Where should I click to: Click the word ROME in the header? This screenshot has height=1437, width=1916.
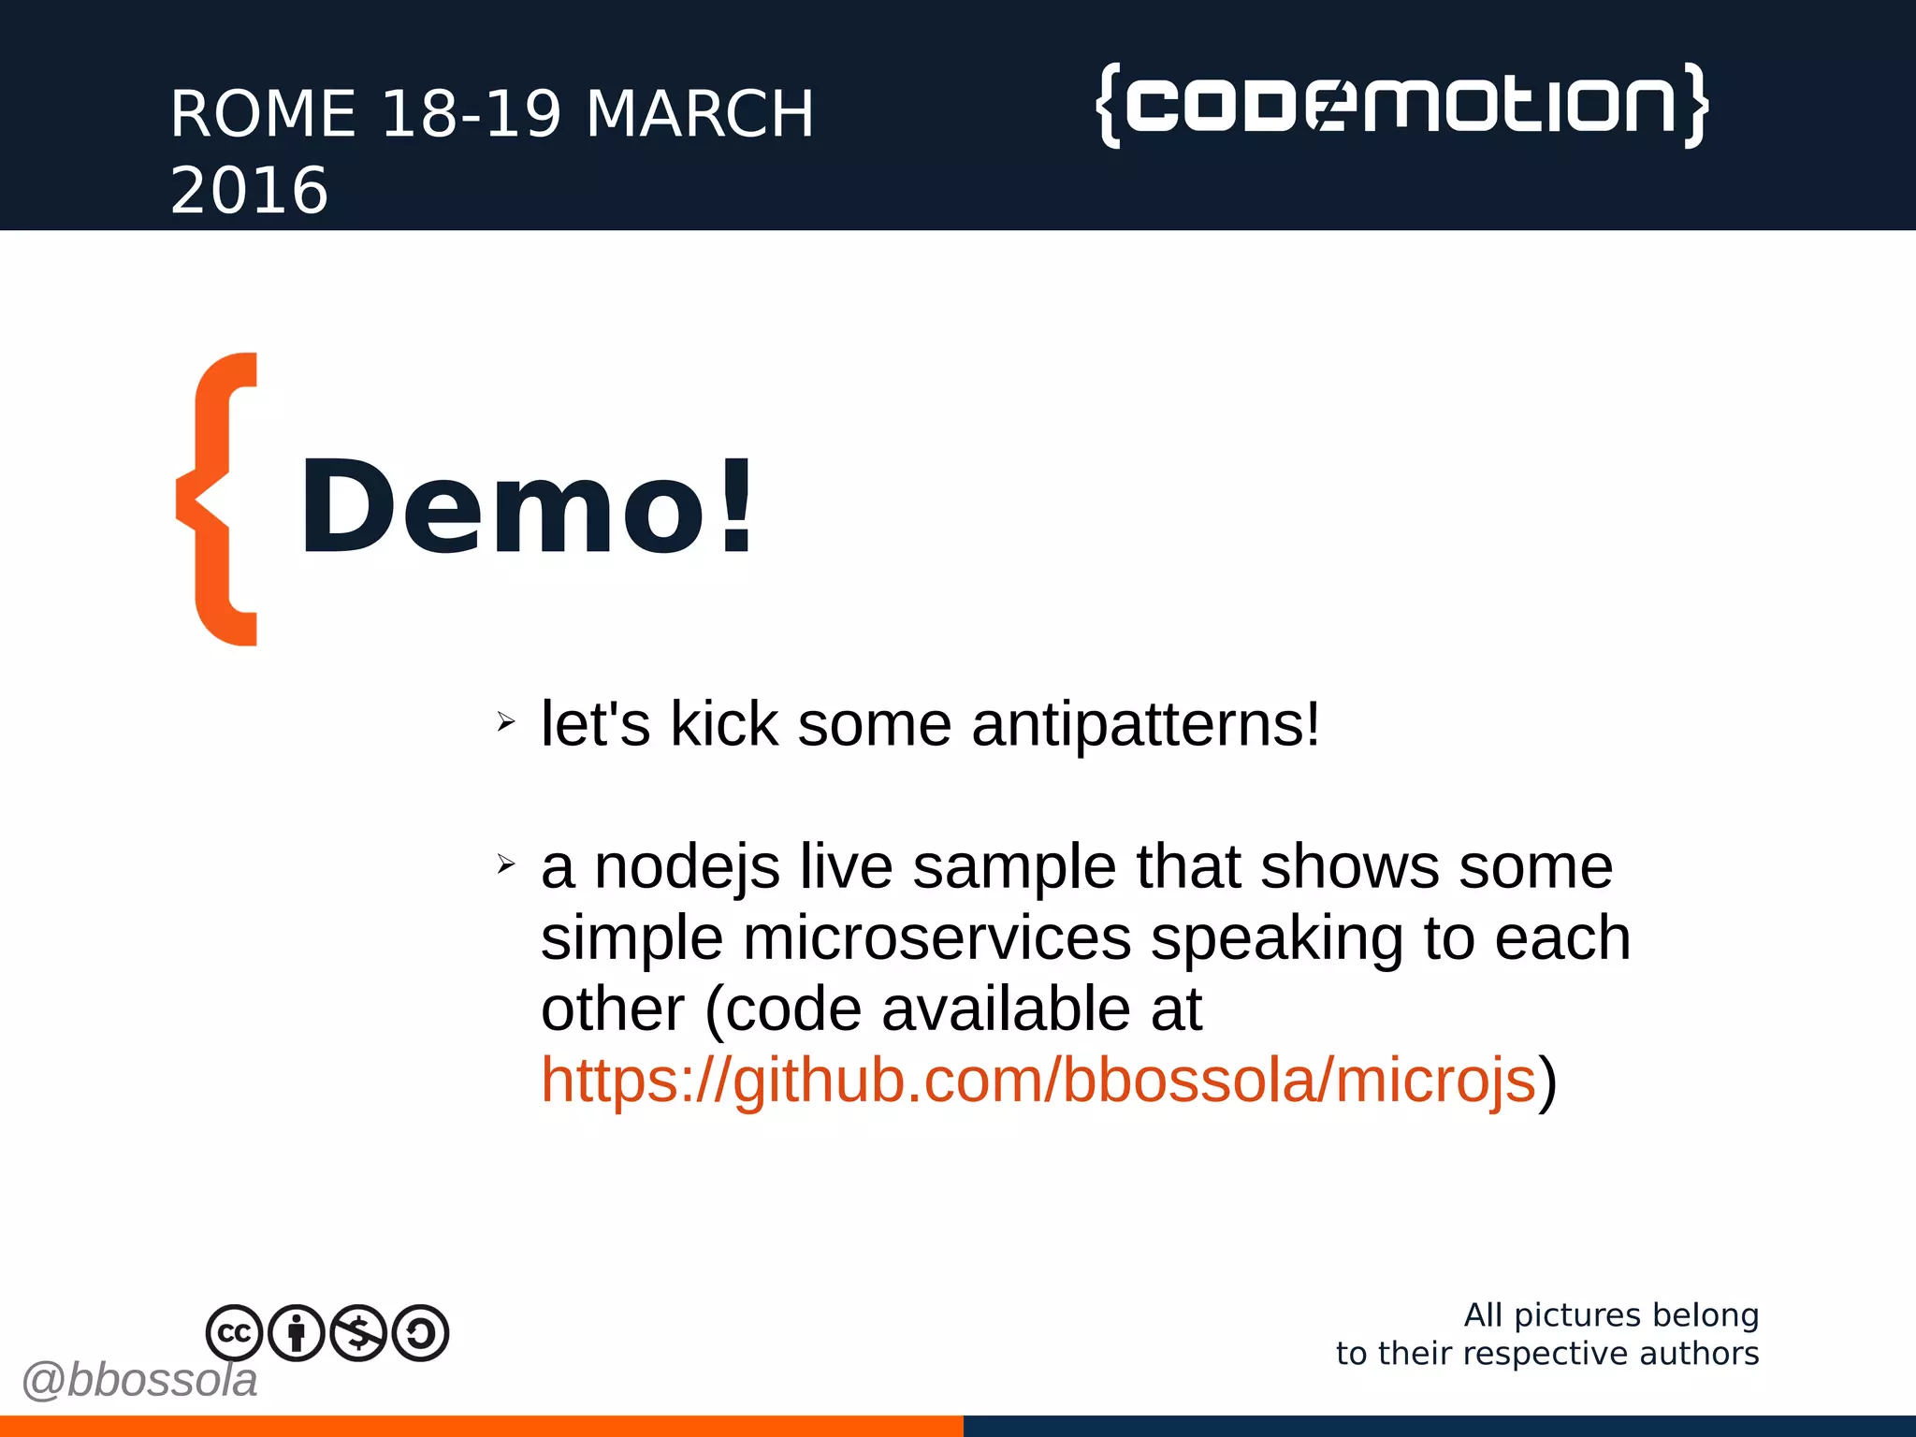click(263, 114)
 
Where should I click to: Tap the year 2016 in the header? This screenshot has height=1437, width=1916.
click(249, 191)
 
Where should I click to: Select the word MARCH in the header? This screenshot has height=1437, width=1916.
click(700, 114)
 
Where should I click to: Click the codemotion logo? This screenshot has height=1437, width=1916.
click(1401, 105)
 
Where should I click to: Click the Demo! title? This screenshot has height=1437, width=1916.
click(526, 508)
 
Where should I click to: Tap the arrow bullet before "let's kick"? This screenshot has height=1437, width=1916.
click(506, 721)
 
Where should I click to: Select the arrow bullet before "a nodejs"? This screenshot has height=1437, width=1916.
click(506, 864)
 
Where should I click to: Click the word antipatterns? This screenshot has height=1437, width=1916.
click(1146, 725)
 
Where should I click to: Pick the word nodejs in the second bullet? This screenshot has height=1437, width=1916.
click(687, 867)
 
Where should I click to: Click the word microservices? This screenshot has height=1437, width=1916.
click(936, 938)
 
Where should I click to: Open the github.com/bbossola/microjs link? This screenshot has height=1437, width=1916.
click(1038, 1081)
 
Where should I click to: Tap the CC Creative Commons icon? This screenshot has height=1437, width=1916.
click(234, 1332)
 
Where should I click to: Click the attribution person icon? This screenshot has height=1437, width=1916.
click(297, 1332)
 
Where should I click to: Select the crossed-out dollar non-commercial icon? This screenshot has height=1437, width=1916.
click(358, 1332)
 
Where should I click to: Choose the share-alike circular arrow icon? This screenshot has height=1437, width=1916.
click(421, 1332)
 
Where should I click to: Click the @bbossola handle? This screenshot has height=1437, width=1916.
click(139, 1381)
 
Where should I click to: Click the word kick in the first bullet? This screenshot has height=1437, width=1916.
click(724, 725)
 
